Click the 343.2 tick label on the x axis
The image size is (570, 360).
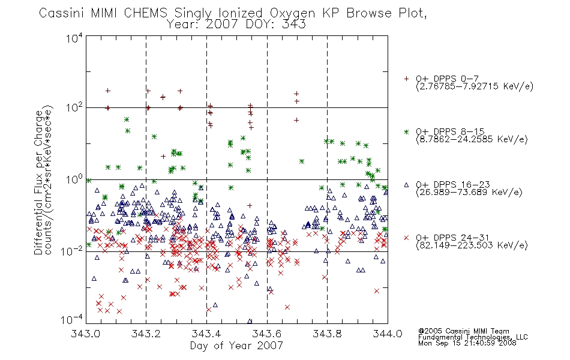(x=146, y=334)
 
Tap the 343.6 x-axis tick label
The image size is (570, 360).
(x=267, y=334)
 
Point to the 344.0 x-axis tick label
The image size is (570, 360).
(x=388, y=334)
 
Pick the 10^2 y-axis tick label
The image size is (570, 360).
(x=74, y=107)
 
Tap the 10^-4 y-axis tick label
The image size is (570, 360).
(x=72, y=319)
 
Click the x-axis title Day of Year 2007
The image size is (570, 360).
(x=236, y=346)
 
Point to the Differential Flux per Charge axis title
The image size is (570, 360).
(x=38, y=182)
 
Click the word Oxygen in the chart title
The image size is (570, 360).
(x=292, y=13)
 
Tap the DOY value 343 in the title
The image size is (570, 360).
(x=294, y=25)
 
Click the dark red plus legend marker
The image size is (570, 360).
(x=406, y=79)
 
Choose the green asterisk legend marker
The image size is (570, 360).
(x=406, y=132)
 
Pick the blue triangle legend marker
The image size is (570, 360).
(x=406, y=185)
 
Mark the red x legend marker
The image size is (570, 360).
(x=406, y=238)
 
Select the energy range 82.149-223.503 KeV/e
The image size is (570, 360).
(x=472, y=245)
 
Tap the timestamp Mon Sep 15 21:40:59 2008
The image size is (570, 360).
(x=467, y=343)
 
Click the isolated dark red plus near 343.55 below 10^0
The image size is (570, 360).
(x=250, y=206)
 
